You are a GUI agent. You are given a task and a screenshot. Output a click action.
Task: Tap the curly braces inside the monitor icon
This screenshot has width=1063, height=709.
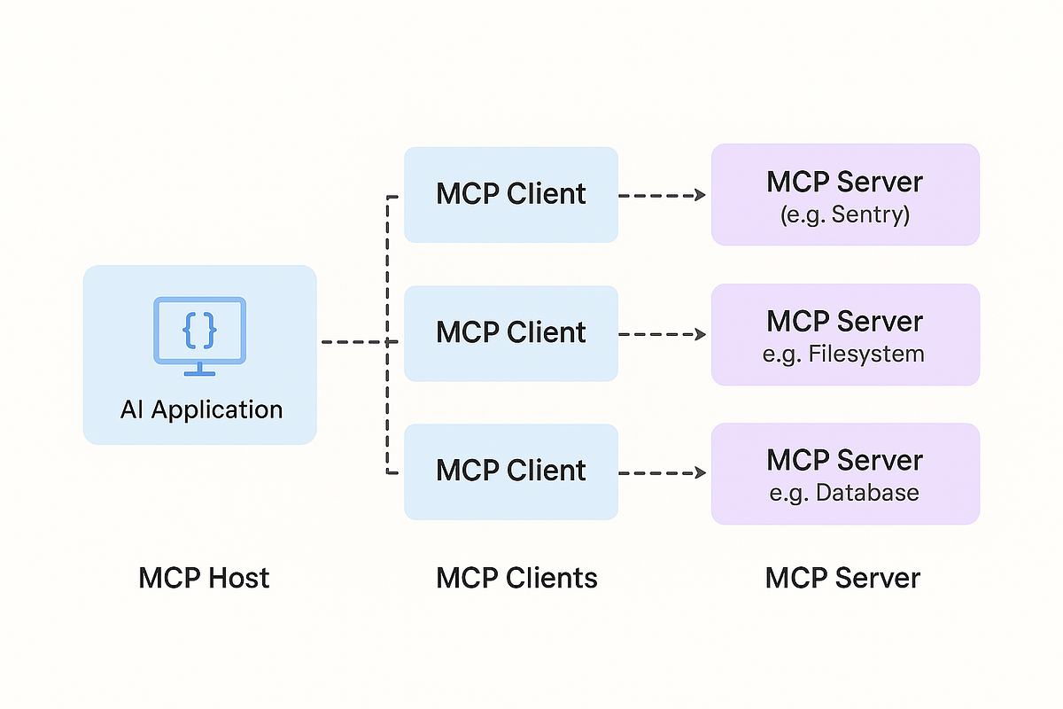(200, 331)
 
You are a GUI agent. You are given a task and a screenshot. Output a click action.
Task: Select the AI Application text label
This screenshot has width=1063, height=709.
(202, 409)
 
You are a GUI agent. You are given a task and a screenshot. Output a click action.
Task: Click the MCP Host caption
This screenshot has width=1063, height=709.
(204, 578)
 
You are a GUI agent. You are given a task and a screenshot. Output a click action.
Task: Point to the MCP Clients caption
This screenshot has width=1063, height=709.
(516, 578)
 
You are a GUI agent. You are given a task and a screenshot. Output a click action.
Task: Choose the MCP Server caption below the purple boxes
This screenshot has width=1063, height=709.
(842, 578)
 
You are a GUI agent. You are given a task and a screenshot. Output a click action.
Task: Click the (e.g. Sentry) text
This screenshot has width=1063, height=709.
(845, 214)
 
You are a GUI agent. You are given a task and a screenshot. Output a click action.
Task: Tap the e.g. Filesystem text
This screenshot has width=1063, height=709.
(843, 354)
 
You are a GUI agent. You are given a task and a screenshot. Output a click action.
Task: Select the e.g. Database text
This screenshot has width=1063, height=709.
(844, 493)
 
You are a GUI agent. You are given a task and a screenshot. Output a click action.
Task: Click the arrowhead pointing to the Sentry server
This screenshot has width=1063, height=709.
(701, 195)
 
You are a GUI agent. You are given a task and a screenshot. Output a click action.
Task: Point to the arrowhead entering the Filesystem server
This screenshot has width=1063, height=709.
(701, 334)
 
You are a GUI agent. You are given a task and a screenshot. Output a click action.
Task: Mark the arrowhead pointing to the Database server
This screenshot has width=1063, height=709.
(701, 473)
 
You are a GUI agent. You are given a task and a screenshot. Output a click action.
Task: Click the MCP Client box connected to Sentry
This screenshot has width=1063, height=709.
(511, 195)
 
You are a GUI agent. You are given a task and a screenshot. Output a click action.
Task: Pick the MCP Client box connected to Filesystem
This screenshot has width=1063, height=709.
(511, 333)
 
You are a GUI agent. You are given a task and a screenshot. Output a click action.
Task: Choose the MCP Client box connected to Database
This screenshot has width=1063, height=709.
(511, 471)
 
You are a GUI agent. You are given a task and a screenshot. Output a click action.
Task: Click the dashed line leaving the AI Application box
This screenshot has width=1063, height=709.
(360, 342)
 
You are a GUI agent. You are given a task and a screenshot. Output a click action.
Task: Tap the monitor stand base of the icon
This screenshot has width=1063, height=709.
(200, 374)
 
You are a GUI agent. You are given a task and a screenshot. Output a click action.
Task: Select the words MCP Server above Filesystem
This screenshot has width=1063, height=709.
(845, 322)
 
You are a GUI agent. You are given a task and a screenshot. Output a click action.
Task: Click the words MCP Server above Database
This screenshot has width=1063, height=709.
(845, 460)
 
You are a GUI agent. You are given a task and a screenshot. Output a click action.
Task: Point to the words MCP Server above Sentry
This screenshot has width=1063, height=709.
(845, 182)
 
